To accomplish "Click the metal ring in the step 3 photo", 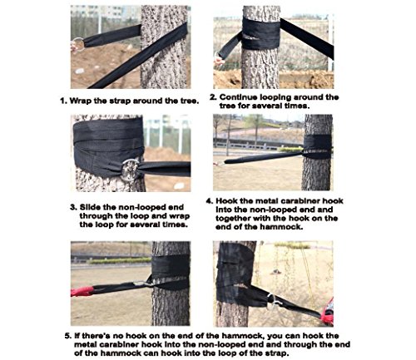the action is pos(123,170).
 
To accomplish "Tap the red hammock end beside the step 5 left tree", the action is pos(82,292).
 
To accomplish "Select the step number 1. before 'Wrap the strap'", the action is pos(64,101).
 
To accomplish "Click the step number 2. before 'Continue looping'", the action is pos(213,97).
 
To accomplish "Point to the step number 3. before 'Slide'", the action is pos(73,207).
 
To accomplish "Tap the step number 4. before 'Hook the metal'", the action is pos(210,201).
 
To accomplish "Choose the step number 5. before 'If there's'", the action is pos(68,336).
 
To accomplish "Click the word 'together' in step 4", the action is pos(233,219).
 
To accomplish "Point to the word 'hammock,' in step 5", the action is pos(243,336).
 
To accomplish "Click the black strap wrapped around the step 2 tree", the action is pos(261,33).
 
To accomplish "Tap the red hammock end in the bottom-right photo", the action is pos(328,312).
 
